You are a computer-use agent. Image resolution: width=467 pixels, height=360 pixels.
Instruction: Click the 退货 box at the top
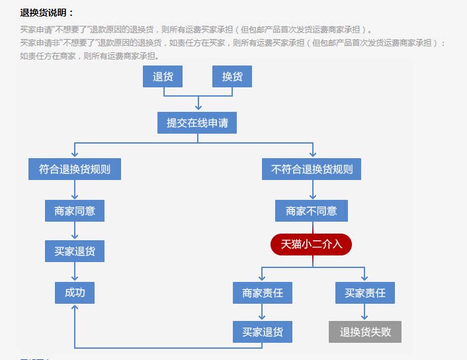tap(163, 77)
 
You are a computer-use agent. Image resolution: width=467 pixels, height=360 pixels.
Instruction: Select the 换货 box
tap(232, 77)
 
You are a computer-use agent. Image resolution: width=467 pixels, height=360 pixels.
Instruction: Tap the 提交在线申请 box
tap(197, 123)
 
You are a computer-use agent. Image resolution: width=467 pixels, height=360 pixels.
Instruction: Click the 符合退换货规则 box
tap(75, 169)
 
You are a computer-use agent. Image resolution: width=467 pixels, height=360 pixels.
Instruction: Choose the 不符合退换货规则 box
tap(312, 169)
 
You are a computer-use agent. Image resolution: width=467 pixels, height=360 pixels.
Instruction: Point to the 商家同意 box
tap(75, 211)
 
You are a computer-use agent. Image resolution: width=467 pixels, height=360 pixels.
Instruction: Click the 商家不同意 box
tap(312, 211)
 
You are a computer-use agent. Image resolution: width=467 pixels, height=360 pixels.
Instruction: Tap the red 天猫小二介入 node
tap(312, 244)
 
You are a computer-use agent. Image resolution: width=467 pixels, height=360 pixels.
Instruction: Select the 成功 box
tap(75, 292)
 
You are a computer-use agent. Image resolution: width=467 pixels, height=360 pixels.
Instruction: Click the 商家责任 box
tap(263, 292)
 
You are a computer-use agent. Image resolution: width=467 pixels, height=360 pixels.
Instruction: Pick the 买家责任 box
tap(365, 292)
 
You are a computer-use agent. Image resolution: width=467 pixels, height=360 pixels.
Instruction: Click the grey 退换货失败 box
tap(365, 332)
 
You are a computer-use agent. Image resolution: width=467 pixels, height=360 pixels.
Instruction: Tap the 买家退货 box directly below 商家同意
tap(75, 251)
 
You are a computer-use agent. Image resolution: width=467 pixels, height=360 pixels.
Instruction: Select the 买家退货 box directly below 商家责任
tap(263, 332)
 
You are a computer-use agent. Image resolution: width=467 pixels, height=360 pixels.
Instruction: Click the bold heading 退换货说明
tap(47, 13)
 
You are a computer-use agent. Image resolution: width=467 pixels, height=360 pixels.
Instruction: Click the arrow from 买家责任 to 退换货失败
tap(365, 312)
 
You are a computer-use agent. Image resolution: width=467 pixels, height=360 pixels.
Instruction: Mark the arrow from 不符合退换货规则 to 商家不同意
tap(312, 190)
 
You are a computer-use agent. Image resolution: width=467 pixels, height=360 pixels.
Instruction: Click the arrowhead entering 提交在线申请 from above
tap(197, 107)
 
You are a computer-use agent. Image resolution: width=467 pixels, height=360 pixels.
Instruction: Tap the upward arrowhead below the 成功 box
tap(75, 309)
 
